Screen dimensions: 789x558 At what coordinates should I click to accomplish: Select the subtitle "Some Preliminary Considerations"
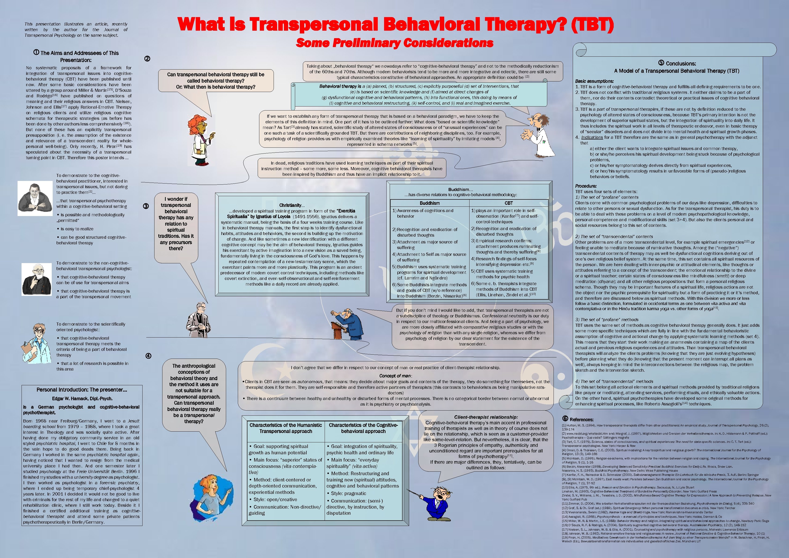(395, 43)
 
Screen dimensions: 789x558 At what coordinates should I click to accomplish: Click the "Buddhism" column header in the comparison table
(429, 203)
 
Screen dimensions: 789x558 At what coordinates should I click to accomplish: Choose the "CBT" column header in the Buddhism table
(509, 203)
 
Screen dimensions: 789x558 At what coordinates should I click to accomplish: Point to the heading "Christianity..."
(292, 205)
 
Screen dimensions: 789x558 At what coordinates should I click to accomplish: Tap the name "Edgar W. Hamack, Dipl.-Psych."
(82, 399)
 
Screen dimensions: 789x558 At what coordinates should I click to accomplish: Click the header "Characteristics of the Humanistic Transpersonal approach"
(286, 428)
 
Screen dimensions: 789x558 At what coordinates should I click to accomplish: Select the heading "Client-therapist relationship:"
(486, 417)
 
